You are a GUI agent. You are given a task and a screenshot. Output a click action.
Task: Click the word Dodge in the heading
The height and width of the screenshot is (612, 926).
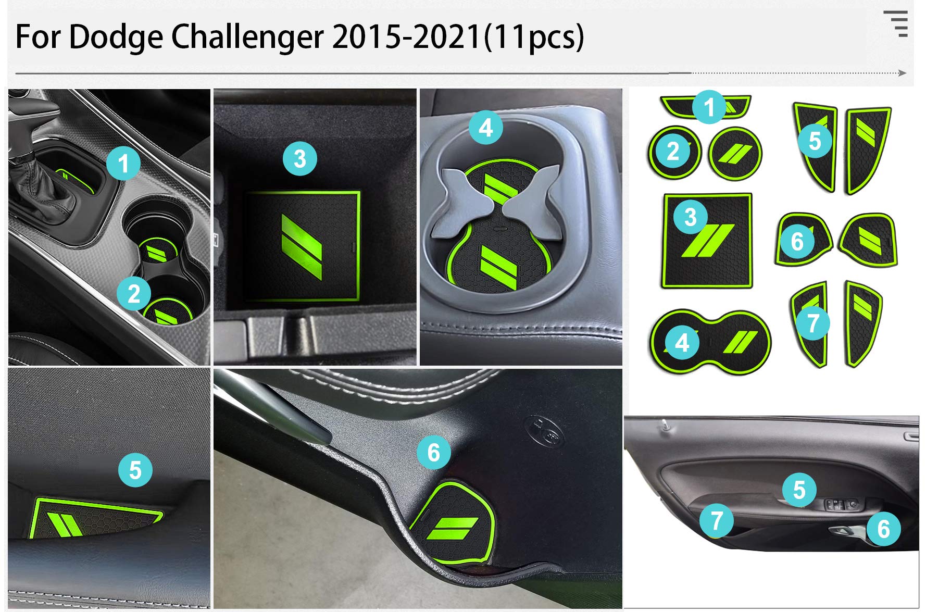[x=115, y=37]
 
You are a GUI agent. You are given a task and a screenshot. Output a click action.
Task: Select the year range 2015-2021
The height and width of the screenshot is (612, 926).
[x=406, y=37]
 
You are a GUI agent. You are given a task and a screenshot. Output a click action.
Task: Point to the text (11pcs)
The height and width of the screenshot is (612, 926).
[x=534, y=37]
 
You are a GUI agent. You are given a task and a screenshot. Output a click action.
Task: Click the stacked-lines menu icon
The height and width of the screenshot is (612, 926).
[x=896, y=23]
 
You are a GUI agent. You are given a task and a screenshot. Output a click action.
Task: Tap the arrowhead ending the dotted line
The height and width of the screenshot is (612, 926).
[x=903, y=73]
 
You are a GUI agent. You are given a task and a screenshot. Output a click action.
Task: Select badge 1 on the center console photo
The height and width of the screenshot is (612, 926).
[x=123, y=164]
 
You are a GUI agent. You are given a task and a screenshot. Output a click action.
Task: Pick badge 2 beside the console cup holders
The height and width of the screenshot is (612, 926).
[x=134, y=294]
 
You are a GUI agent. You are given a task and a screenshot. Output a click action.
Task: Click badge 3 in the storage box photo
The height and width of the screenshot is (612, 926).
[x=300, y=158]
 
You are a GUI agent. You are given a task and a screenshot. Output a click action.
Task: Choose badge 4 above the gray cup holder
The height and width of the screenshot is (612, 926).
[x=485, y=127]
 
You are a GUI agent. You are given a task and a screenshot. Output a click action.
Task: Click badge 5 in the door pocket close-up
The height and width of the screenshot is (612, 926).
[x=135, y=470]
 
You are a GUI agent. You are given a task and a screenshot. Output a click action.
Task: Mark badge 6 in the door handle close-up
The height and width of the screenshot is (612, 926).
[x=434, y=452]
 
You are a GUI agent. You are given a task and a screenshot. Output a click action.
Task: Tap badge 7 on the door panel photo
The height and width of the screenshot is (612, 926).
[x=717, y=520]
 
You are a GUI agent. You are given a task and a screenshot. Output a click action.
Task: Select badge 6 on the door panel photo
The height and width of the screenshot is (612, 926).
[x=883, y=529]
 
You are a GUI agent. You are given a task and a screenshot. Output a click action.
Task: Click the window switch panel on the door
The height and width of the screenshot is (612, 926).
[x=844, y=504]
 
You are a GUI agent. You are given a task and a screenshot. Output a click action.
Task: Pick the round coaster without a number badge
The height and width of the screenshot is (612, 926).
[x=735, y=154]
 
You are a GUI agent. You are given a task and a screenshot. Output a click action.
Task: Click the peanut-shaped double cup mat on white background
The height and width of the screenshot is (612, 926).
[x=710, y=342]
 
